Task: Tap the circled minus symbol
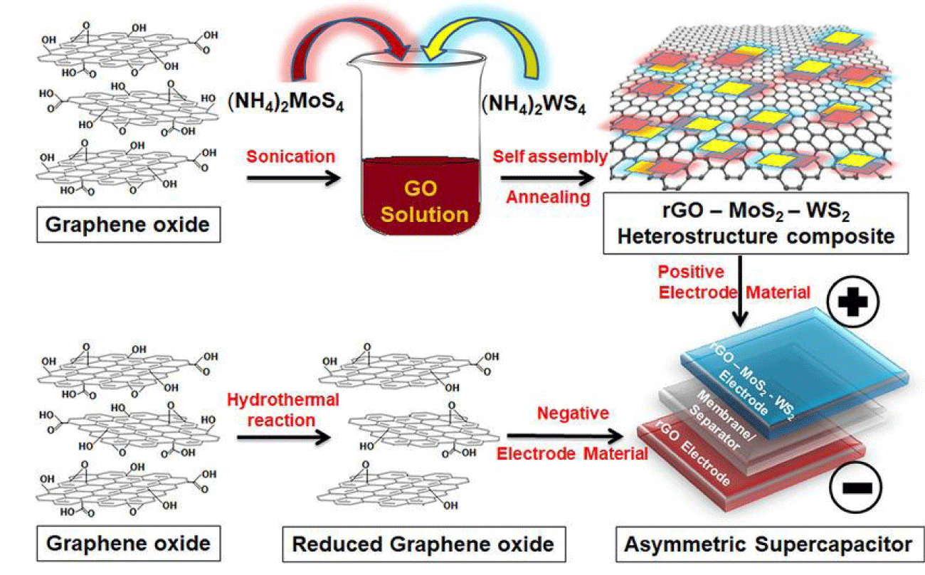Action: click(856, 488)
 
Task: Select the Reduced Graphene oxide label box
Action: click(423, 544)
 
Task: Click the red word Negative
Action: click(573, 413)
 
